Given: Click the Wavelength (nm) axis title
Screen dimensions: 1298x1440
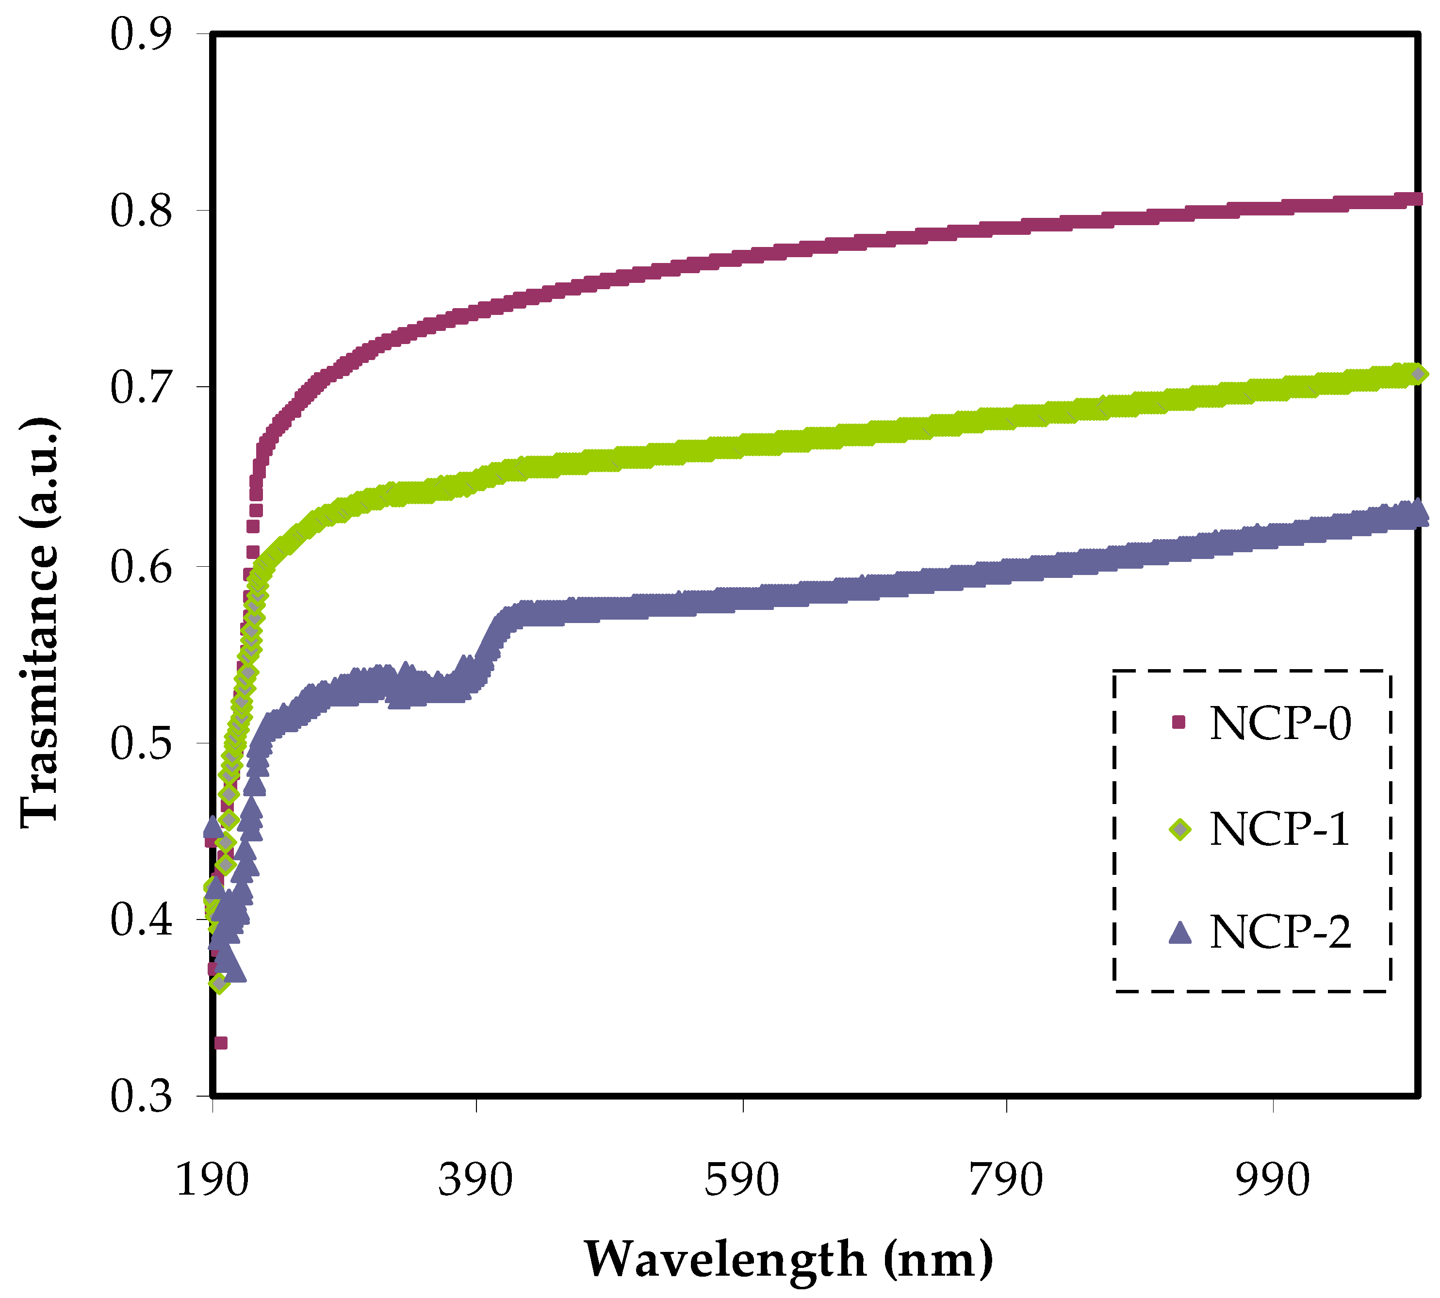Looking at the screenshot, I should point(788,1259).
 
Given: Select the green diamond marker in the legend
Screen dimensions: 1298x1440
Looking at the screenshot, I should point(1180,829).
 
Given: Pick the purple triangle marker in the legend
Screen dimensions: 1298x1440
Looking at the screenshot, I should point(1180,933).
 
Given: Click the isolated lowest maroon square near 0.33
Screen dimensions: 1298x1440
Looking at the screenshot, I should point(221,1043).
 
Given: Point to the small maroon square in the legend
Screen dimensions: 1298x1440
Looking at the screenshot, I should point(1178,723).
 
